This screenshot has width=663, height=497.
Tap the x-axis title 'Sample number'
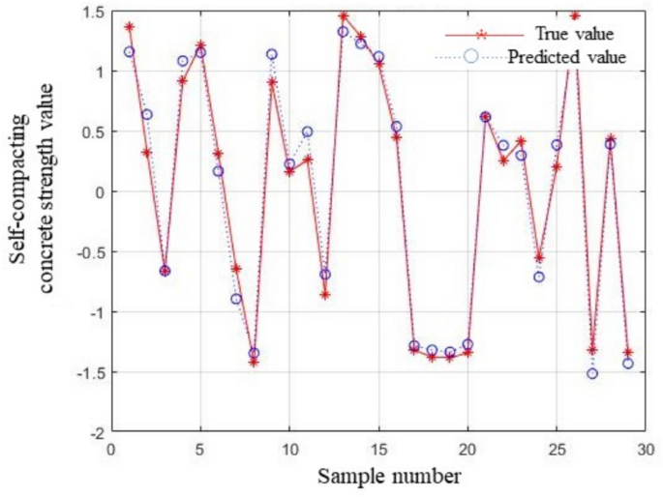[x=378, y=476]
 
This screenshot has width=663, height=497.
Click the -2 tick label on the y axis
[x=96, y=431]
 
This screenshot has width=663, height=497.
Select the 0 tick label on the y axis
[x=100, y=191]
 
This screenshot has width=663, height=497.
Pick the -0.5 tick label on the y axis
[x=90, y=251]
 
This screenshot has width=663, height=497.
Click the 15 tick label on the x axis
[x=378, y=449]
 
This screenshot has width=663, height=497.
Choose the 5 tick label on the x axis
[x=200, y=449]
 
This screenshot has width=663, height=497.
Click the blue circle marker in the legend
[x=471, y=56]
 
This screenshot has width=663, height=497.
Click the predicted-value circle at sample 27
[x=592, y=373]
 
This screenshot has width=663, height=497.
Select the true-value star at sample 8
[x=254, y=362]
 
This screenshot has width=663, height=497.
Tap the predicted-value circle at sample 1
[x=129, y=51]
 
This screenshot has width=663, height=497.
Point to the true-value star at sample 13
[x=343, y=15]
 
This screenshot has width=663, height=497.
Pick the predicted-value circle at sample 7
[x=236, y=299]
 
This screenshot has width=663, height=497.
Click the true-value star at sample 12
[x=325, y=294]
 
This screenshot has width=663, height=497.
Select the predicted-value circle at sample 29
[x=628, y=364]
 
